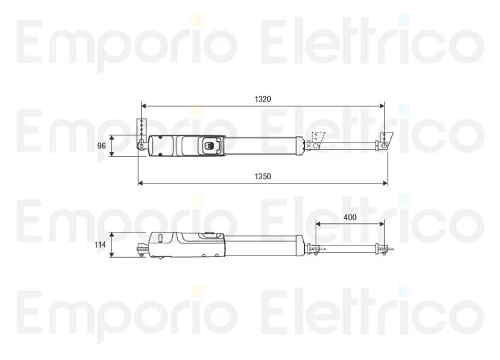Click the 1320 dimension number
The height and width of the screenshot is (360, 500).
coord(263,99)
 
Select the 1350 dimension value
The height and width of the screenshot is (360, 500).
coord(263,176)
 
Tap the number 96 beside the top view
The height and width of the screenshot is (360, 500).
coord(102,145)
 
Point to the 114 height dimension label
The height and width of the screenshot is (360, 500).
coord(100,245)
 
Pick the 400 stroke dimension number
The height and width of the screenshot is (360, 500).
coord(350,217)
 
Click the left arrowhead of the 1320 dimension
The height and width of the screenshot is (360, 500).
coord(143,106)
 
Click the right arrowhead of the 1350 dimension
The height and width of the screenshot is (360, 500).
coord(385,183)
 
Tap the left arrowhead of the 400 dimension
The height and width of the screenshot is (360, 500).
coord(318,224)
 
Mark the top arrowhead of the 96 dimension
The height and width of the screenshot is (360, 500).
coord(112,138)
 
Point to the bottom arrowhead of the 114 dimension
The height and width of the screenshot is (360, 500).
coord(112,255)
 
